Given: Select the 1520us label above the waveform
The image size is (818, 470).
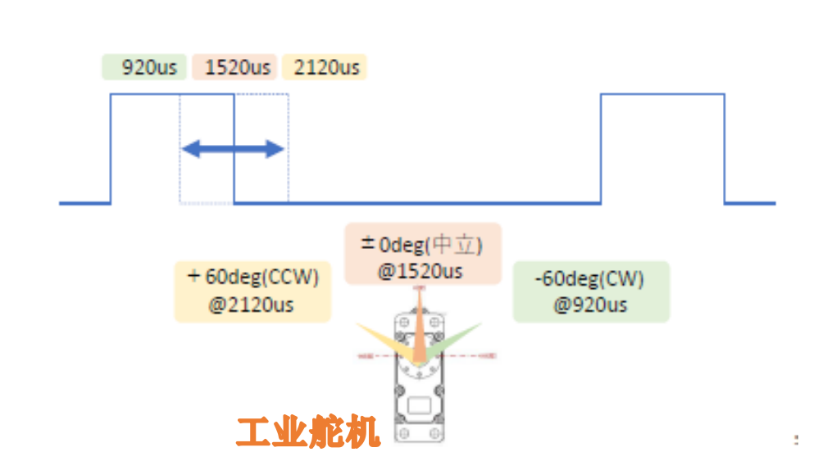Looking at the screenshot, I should (x=238, y=67).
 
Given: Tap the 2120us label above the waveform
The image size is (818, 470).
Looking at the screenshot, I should (x=326, y=67).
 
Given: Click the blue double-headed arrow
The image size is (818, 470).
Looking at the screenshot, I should (x=232, y=149).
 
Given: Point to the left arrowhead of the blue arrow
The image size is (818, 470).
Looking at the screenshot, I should (x=188, y=149).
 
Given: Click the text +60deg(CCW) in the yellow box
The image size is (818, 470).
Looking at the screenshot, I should (x=252, y=277).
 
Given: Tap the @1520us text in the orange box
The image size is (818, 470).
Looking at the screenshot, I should (x=420, y=271).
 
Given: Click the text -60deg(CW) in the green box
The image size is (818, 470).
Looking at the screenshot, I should (x=589, y=278).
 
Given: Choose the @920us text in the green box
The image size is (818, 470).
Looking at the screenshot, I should (x=590, y=305).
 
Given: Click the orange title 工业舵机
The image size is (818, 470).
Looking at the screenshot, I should (x=309, y=432).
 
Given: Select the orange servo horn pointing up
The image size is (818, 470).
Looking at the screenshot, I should (x=420, y=328).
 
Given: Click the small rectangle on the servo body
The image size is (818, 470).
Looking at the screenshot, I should (x=420, y=404).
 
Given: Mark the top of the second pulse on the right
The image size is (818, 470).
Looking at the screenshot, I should (x=662, y=94).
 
